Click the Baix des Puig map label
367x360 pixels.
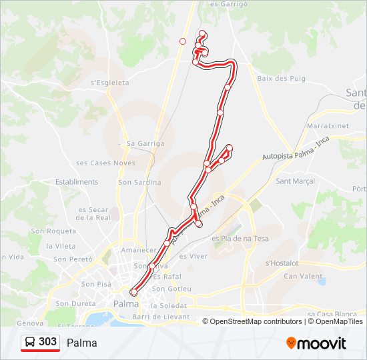click(281, 79)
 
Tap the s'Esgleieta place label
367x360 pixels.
click(109, 83)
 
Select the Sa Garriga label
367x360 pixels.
click(145, 143)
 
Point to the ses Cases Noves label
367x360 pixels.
click(105, 163)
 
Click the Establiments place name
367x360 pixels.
click(77, 181)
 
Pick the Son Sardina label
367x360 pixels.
click(139, 182)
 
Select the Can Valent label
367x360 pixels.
click(303, 276)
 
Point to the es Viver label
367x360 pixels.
click(194, 255)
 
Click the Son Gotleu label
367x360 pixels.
click(171, 289)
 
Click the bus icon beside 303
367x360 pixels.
click(31, 342)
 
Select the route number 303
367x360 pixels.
click(47, 342)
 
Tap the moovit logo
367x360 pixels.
click(316, 343)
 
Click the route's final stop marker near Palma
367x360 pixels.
click(133, 292)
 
